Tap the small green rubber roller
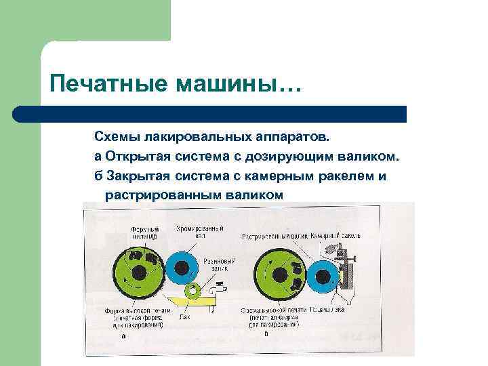[193, 291]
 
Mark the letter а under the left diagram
[122, 335]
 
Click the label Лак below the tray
[184, 317]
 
